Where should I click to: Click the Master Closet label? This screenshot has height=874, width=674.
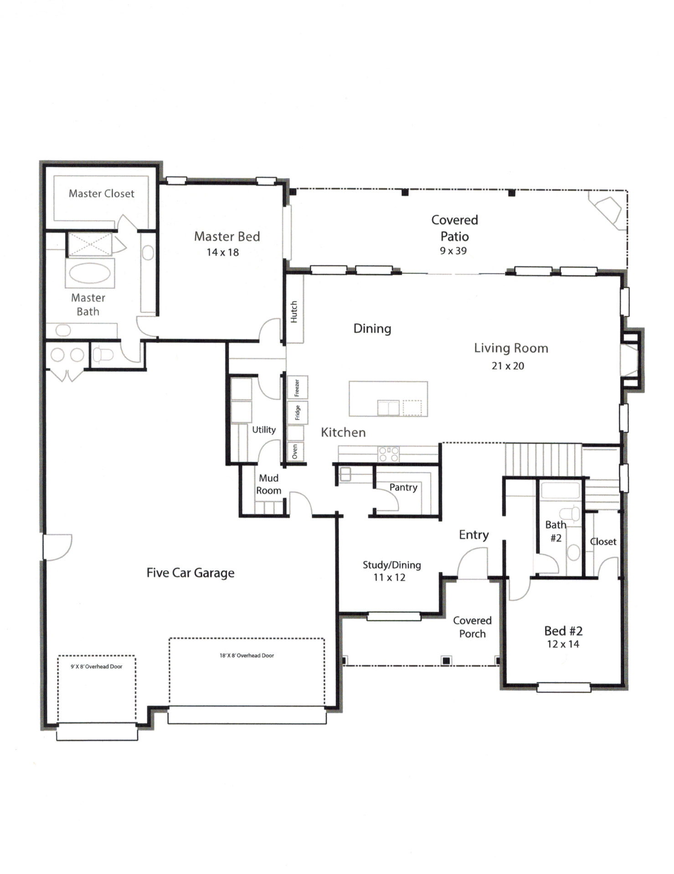(101, 193)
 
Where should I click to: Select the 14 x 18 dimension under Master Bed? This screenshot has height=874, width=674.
(222, 252)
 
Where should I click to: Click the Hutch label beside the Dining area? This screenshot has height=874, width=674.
(294, 312)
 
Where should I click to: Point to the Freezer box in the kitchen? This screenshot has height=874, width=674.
(297, 387)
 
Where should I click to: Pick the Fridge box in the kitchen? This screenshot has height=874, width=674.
(297, 413)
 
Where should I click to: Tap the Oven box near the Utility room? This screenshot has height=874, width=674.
(295, 452)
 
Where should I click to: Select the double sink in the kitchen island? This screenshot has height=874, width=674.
(388, 408)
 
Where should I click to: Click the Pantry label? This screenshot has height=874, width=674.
(403, 488)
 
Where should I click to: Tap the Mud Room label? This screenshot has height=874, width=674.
(268, 484)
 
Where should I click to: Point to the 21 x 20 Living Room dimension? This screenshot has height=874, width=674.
(508, 366)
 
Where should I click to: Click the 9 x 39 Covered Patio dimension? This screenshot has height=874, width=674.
(453, 251)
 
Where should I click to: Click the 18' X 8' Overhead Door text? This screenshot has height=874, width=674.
(247, 655)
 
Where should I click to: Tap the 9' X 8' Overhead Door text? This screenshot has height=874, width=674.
(96, 666)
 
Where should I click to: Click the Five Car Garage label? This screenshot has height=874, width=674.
(190, 573)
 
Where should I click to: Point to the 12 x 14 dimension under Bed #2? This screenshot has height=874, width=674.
(563, 644)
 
